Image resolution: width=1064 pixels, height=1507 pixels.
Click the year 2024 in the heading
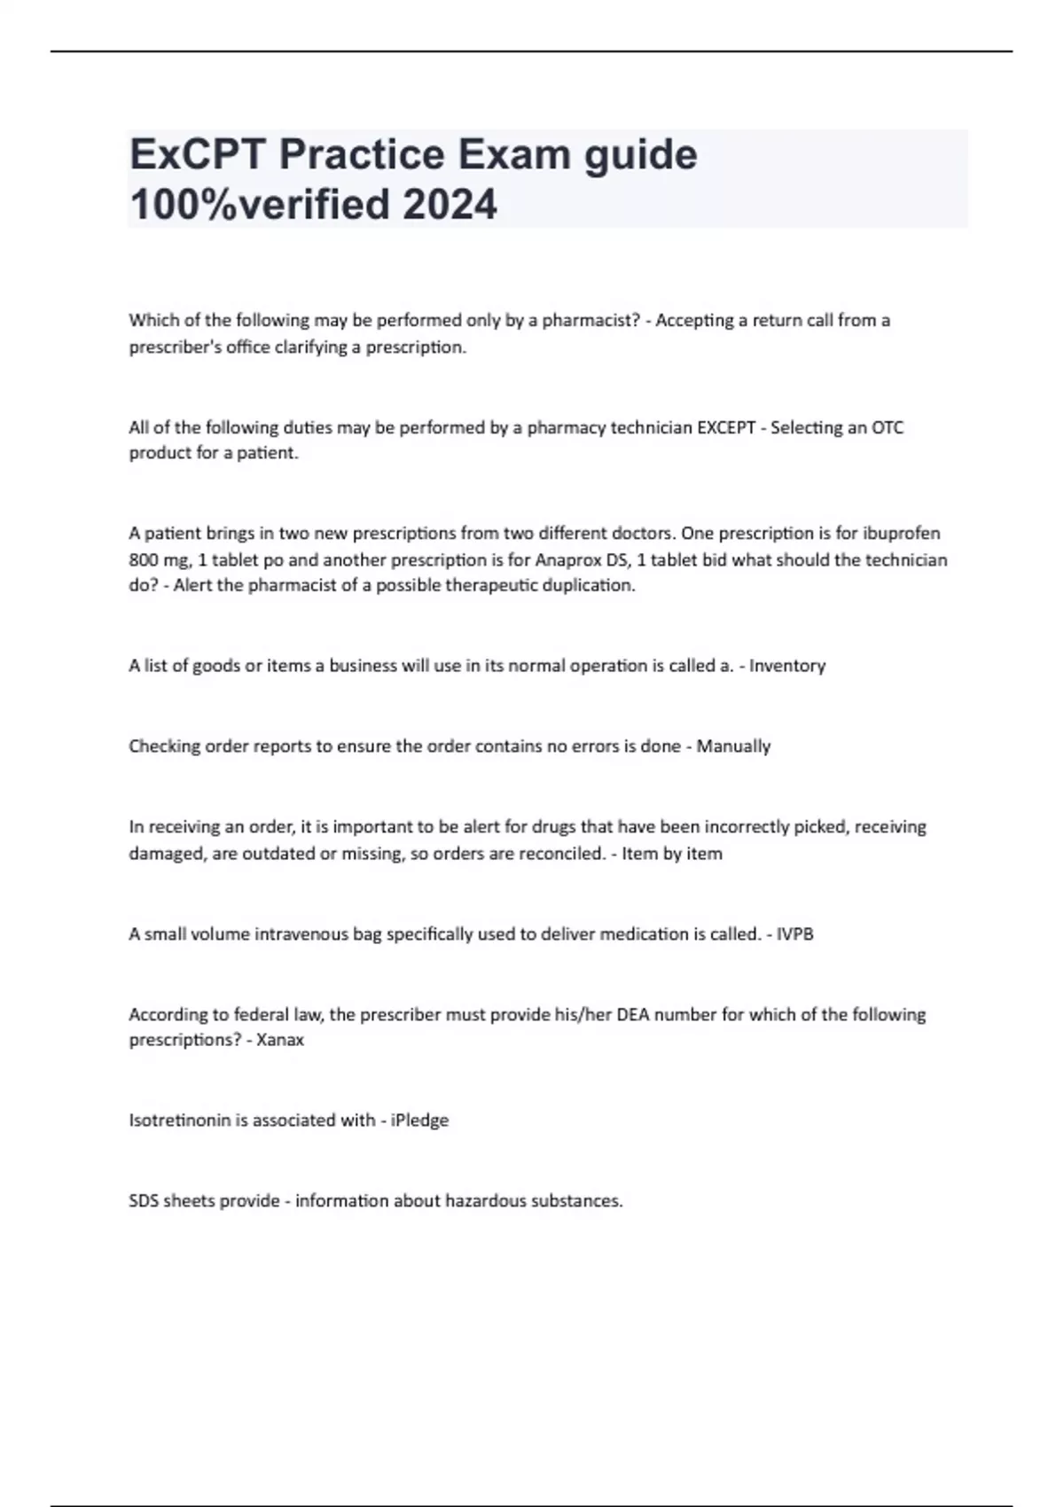(450, 205)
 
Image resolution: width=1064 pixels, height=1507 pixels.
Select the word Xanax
(280, 1040)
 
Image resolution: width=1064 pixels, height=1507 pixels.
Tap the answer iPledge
(419, 1120)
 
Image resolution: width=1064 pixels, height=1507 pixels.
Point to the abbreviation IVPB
(794, 934)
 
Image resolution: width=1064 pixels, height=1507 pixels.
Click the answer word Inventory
(787, 666)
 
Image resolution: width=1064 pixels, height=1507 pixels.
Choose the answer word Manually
(733, 746)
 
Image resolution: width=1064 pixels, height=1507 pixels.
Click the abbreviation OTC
(888, 427)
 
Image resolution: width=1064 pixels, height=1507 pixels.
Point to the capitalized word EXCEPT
(726, 427)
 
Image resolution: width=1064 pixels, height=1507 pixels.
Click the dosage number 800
(144, 560)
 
